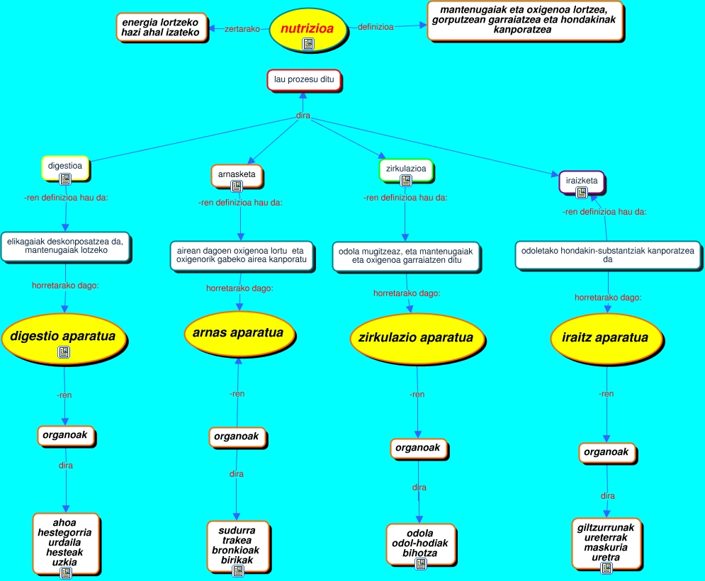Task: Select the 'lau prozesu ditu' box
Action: tap(304, 80)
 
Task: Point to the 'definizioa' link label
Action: tap(376, 27)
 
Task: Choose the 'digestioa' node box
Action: tap(65, 166)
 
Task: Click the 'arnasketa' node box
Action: tap(237, 174)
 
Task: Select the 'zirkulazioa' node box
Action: tap(406, 169)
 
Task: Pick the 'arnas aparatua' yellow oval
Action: tap(238, 333)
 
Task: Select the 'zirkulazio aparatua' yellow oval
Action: tap(412, 338)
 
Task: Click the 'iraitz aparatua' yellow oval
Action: tap(600, 338)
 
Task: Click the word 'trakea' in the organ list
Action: tap(236, 540)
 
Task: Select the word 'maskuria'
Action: tap(607, 548)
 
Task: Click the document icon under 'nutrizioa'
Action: tap(308, 44)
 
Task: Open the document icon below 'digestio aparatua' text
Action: tap(64, 351)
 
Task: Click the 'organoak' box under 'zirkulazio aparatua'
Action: tap(418, 448)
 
